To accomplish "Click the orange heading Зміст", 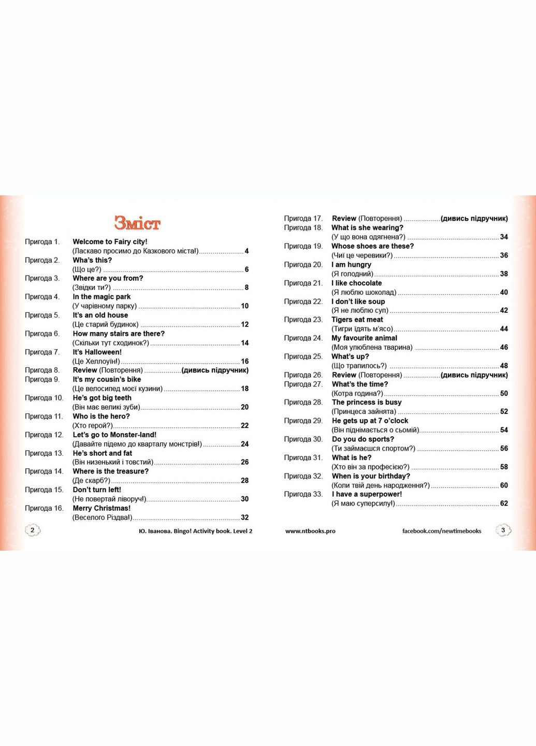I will [x=137, y=223].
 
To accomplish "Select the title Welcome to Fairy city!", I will [x=110, y=242].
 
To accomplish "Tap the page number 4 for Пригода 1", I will [x=247, y=251].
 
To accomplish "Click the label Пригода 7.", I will [x=42, y=352].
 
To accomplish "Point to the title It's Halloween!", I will [x=97, y=352].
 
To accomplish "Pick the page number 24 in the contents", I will [x=244, y=444].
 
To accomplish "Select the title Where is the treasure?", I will [x=110, y=471].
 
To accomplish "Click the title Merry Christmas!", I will [x=102, y=508].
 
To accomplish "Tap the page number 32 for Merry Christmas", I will [x=244, y=518].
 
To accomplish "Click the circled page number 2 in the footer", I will [x=33, y=530].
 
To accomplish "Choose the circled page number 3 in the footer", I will [x=503, y=530].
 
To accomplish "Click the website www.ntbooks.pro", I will [x=310, y=531].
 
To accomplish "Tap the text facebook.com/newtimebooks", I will [x=442, y=531].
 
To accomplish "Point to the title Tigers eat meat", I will [x=357, y=320].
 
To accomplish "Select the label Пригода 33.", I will [x=303, y=494].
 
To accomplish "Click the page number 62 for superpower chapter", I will [x=504, y=504].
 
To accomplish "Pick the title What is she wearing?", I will [x=367, y=227].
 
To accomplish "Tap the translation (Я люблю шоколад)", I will [x=364, y=292].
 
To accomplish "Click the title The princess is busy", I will [x=367, y=402].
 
